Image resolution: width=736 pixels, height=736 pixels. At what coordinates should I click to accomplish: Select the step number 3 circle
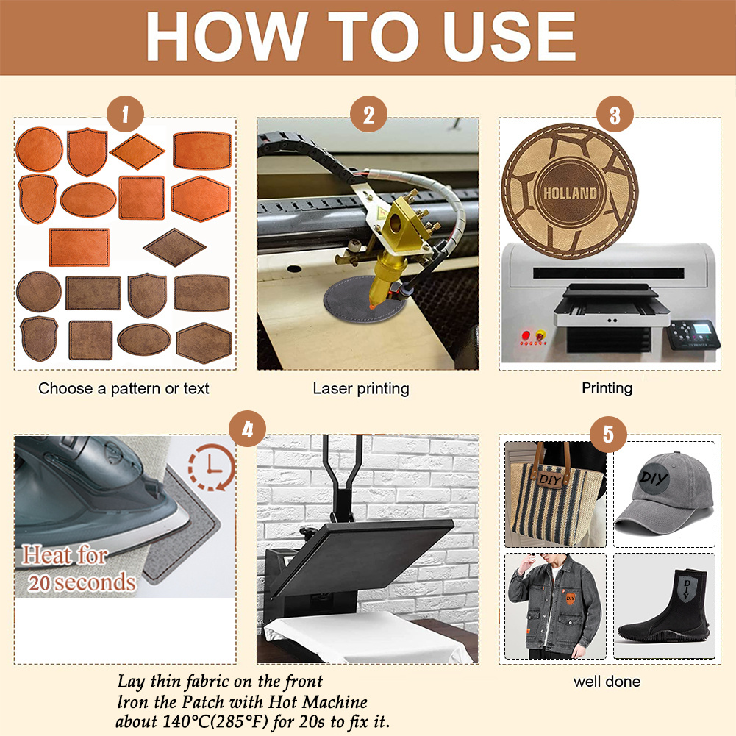click(615, 115)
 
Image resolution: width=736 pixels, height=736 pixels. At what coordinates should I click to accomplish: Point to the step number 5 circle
click(608, 434)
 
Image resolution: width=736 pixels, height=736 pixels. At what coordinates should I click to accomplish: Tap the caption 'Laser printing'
click(361, 388)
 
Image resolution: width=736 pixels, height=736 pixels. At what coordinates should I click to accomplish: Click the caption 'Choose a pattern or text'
click(124, 388)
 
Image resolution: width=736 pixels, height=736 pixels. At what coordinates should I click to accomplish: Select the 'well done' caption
click(607, 682)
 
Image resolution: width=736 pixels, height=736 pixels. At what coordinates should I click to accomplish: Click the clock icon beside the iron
click(211, 467)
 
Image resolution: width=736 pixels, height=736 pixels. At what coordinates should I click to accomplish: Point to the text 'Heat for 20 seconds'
click(79, 568)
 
